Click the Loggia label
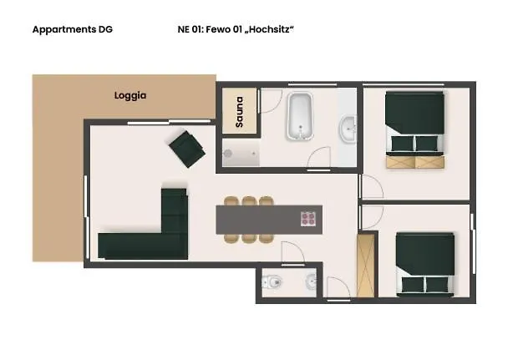(130, 95)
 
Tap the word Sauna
(239, 112)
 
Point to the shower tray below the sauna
(241, 154)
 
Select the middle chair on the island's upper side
(248, 201)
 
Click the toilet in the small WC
(271, 282)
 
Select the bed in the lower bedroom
(425, 263)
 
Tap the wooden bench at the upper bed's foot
(414, 162)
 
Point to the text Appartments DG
(72, 29)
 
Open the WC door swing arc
(292, 252)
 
